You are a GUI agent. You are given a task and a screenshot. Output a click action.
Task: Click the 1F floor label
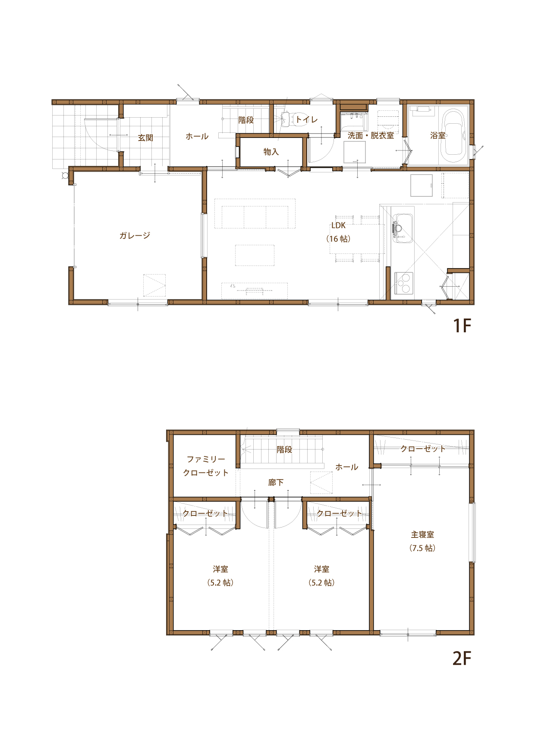(x=462, y=326)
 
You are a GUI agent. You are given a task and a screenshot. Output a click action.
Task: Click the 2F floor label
(x=462, y=658)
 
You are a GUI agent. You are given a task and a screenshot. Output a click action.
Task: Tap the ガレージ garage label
(x=135, y=235)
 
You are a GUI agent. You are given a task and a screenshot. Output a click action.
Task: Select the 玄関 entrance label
(x=145, y=138)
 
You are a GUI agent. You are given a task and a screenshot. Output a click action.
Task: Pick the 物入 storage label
(x=271, y=152)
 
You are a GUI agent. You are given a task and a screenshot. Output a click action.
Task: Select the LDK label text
(x=338, y=225)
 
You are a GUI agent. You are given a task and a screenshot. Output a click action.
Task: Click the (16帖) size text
(x=338, y=239)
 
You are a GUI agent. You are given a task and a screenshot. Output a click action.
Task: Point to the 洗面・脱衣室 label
(x=371, y=135)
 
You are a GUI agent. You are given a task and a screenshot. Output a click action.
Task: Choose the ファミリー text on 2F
(x=206, y=459)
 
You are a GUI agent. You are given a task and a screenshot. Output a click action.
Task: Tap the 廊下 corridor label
(x=276, y=482)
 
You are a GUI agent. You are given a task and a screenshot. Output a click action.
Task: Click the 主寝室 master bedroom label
(x=422, y=534)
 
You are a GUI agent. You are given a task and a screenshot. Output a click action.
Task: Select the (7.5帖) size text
(x=422, y=548)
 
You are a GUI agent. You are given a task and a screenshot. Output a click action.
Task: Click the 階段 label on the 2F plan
(x=284, y=450)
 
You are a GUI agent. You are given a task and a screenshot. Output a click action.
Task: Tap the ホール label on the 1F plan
(x=197, y=136)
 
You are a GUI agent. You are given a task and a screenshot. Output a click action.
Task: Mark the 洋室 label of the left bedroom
(x=220, y=569)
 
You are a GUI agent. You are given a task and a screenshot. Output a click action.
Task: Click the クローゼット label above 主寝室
(x=423, y=449)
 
